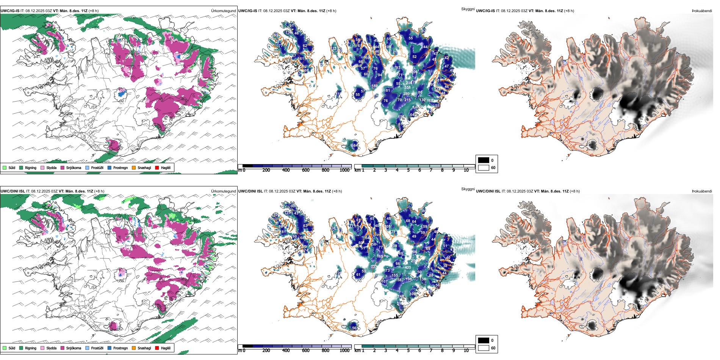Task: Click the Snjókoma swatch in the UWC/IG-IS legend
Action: coord(63,167)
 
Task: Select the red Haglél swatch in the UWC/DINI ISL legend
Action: coord(157,348)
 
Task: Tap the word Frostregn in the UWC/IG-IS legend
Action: coord(120,167)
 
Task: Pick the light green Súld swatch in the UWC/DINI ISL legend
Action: coord(5,348)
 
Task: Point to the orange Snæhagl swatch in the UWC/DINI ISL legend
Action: coord(134,348)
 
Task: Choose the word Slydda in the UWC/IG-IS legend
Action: coord(51,167)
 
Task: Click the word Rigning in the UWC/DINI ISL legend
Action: coord(30,348)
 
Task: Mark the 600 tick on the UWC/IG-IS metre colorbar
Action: coord(306,170)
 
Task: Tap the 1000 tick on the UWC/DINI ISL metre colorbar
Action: coord(344,351)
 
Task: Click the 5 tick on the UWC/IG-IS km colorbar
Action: coord(408,170)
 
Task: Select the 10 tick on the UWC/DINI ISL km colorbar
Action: coord(466,351)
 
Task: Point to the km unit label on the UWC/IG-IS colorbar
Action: coord(357,170)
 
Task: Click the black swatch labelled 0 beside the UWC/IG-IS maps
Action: coord(484,160)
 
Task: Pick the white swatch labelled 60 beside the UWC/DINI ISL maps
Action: coord(484,348)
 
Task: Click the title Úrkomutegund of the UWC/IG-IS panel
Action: coord(223,11)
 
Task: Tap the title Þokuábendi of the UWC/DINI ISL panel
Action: coord(702,191)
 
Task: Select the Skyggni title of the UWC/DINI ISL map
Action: coord(468,189)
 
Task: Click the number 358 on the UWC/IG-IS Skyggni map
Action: coord(407,88)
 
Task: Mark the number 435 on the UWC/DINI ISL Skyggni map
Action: coord(408,268)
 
